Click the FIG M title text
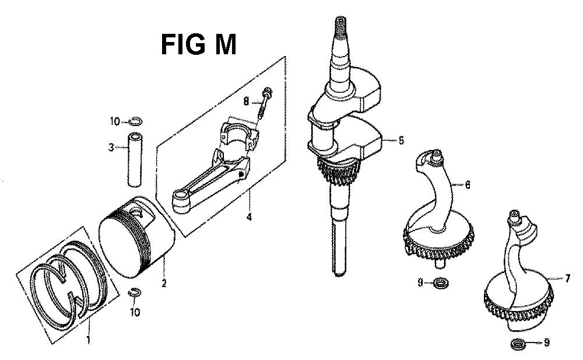(199, 44)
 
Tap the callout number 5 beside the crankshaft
(401, 141)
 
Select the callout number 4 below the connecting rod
(249, 216)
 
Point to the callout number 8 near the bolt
(246, 100)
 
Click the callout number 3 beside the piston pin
(111, 148)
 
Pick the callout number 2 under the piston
(164, 284)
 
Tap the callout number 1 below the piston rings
(88, 340)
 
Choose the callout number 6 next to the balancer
(468, 184)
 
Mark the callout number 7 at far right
(567, 278)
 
